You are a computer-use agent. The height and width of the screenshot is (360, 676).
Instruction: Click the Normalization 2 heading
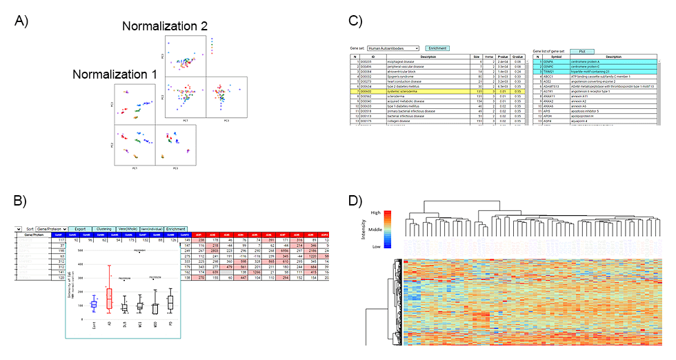(x=165, y=26)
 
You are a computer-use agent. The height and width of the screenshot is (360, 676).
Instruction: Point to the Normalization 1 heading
(x=115, y=74)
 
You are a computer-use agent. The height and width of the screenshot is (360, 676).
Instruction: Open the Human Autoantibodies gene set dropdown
(x=393, y=48)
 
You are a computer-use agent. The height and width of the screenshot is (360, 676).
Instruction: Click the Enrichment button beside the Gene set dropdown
(x=437, y=48)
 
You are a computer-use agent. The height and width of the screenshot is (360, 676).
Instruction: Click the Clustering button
(x=103, y=228)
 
